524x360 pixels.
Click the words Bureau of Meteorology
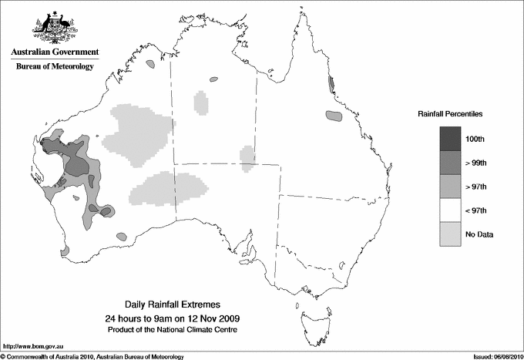[55, 67]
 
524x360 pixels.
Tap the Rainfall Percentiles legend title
[450, 113]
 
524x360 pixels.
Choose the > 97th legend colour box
[451, 186]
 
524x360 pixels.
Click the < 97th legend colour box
[451, 210]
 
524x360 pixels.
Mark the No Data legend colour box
[451, 234]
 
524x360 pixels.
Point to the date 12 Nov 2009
[207, 318]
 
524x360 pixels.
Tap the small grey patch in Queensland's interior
[333, 116]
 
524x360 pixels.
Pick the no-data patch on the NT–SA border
[247, 156]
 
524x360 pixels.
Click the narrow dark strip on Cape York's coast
[331, 83]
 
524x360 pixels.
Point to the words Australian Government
[54, 52]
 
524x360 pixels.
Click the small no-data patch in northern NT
[201, 102]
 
